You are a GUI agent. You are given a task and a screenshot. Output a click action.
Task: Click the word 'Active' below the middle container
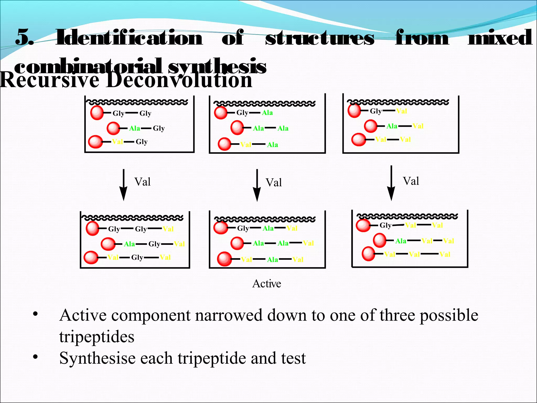(267, 284)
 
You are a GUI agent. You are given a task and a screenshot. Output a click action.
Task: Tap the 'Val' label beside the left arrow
(142, 182)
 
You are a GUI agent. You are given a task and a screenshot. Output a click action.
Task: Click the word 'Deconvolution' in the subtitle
(179, 80)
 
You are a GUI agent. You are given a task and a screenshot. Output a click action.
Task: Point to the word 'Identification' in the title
(129, 38)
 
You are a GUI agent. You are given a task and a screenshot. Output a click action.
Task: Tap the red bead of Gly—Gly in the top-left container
(97, 113)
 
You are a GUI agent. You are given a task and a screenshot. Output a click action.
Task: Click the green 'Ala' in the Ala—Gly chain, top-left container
(135, 128)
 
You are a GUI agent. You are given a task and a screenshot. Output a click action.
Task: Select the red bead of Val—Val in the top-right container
(358, 139)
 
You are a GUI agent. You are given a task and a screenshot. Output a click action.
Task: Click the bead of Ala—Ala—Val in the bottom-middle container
(237, 243)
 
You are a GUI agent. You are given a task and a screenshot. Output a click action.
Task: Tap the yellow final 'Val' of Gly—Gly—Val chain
(168, 229)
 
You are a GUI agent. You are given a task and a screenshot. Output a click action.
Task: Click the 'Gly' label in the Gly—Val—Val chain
(385, 225)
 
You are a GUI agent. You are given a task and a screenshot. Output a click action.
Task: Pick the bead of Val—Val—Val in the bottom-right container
(368, 254)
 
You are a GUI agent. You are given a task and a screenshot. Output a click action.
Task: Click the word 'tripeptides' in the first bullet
(97, 337)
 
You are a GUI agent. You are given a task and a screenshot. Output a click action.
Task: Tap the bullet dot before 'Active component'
(35, 314)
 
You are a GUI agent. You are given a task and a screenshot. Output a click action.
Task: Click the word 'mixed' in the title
(500, 38)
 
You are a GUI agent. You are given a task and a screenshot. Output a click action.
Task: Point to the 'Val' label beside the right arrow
(411, 181)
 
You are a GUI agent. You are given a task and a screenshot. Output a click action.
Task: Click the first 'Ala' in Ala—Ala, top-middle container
(258, 128)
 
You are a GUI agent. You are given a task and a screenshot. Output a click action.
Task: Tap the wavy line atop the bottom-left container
(132, 218)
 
